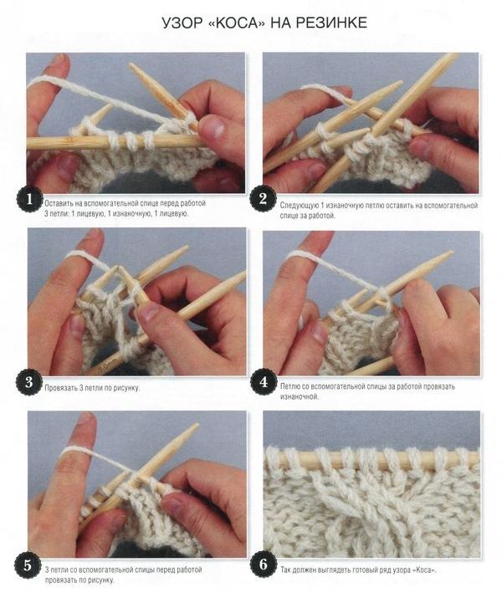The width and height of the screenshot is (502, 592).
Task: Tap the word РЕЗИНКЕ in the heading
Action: click(331, 23)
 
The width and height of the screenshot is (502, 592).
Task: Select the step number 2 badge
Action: click(263, 199)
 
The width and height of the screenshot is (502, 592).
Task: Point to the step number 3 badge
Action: click(28, 382)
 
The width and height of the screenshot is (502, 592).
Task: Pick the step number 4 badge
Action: click(264, 382)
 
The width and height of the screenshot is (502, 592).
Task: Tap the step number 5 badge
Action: click(28, 565)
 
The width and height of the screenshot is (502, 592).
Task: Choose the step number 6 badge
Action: click(264, 564)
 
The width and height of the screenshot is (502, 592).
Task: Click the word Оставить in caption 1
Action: click(59, 203)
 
